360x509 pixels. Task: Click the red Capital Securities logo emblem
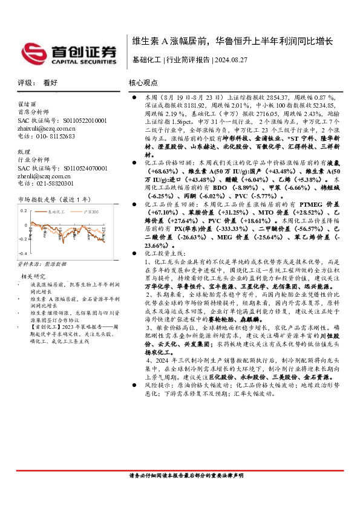(34, 52)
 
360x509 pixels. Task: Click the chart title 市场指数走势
(38, 198)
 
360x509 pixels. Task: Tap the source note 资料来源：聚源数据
(38, 264)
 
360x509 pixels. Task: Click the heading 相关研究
(39, 276)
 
